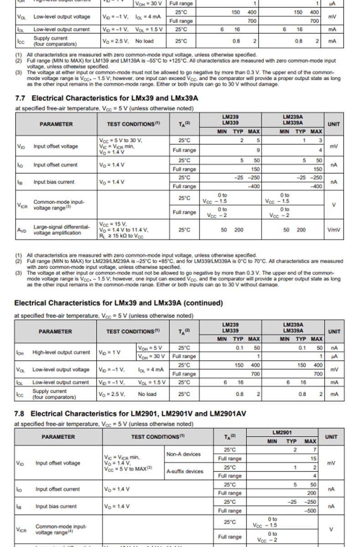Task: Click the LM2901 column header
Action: [282, 432]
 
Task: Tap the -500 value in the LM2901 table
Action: [310, 511]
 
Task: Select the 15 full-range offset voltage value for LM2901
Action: [314, 459]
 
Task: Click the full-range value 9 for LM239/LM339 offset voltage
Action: [258, 150]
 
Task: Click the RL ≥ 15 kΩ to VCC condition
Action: [121, 236]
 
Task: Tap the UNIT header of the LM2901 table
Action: [331, 437]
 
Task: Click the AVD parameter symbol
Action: [22, 230]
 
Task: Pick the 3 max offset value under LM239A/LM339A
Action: [320, 140]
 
